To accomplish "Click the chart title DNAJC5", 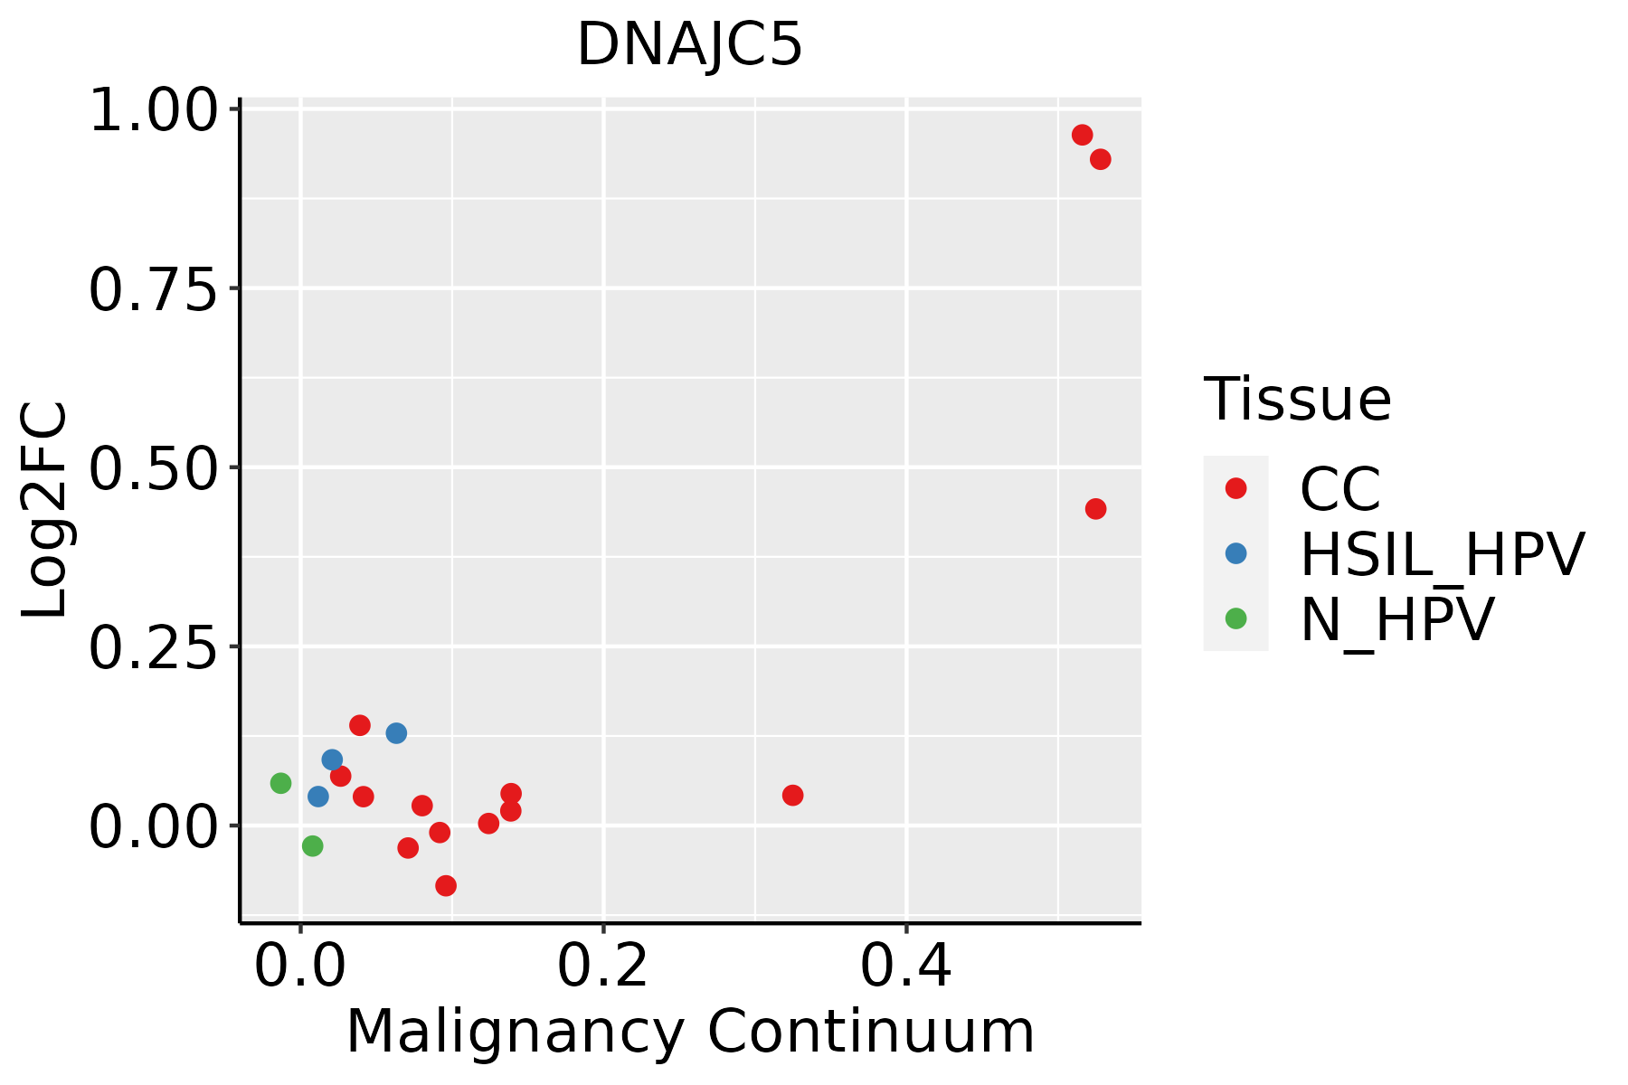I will (x=689, y=45).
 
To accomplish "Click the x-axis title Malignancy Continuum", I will (x=689, y=1033).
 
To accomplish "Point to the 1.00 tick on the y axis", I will (x=154, y=112).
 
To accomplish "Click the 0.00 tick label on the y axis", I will (x=154, y=827).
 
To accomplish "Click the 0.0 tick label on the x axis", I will (x=300, y=966).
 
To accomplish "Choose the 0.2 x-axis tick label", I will (x=602, y=966).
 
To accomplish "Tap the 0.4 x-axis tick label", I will (x=905, y=966).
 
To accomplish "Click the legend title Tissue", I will (x=1297, y=400).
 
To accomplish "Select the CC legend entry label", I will (x=1340, y=489).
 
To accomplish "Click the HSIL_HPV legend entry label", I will (x=1442, y=554).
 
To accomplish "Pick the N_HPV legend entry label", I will (x=1396, y=619).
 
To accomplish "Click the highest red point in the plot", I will (x=1082, y=135).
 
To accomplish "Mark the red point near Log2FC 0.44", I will (x=1095, y=509).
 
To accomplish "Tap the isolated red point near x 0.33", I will (x=792, y=796).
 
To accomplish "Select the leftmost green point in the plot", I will (x=280, y=783).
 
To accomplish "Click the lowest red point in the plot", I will (x=446, y=886).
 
